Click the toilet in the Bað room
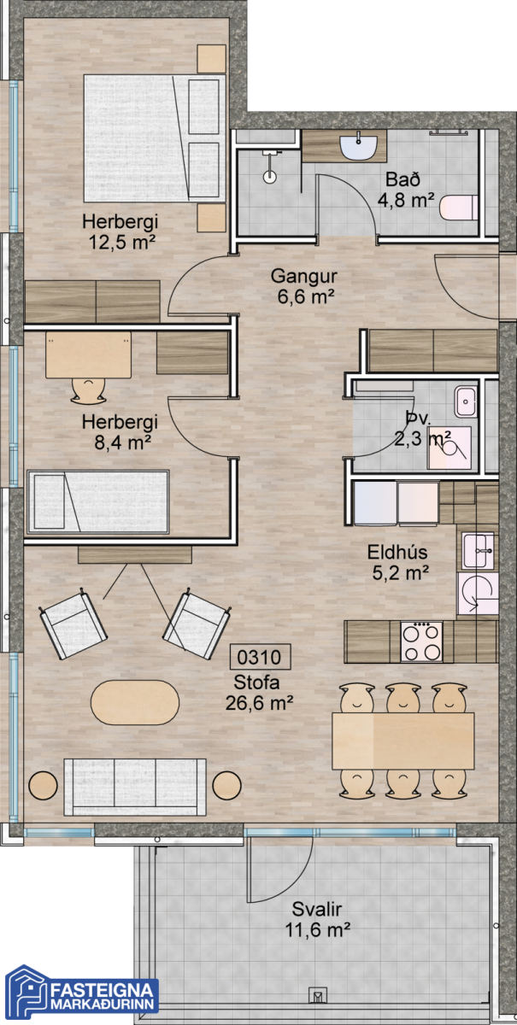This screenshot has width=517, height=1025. [x=459, y=208]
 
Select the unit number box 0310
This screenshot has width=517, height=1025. [x=260, y=657]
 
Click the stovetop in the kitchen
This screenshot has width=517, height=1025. [x=422, y=641]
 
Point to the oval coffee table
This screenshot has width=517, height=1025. [x=135, y=702]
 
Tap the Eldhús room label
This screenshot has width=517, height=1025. [x=397, y=552]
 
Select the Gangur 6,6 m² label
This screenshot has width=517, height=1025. [x=304, y=286]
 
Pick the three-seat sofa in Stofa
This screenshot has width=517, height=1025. [x=135, y=787]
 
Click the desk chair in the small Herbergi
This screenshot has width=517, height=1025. [x=88, y=390]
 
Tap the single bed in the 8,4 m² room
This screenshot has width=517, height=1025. [x=98, y=501]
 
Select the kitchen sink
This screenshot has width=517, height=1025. [x=478, y=550]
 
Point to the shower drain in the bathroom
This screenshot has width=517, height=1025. [x=270, y=177]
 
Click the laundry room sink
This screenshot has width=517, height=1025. [x=467, y=401]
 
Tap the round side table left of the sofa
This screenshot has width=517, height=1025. [x=43, y=785]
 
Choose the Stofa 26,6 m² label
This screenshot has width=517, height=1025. [x=259, y=693]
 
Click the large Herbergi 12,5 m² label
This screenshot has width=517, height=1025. [x=120, y=231]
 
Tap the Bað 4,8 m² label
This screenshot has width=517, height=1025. [x=405, y=190]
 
